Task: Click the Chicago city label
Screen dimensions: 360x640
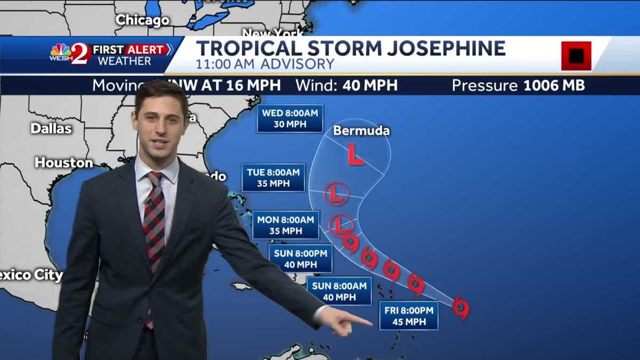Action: (142, 20)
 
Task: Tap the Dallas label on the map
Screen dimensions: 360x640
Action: (51, 129)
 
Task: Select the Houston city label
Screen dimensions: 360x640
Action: (64, 163)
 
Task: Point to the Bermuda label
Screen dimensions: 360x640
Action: (361, 131)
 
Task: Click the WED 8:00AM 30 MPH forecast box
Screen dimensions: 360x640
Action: (290, 118)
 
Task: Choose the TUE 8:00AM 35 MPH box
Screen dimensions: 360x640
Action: (273, 178)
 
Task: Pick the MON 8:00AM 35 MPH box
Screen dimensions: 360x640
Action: (285, 225)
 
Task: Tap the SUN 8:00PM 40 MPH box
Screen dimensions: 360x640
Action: (300, 259)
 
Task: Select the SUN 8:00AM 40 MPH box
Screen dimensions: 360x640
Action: (339, 291)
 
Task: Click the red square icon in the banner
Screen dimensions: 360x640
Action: (576, 55)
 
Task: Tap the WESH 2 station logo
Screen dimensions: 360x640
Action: (70, 54)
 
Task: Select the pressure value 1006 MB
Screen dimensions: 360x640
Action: (554, 85)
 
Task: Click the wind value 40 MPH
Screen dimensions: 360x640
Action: (370, 85)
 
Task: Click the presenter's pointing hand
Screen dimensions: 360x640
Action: (347, 322)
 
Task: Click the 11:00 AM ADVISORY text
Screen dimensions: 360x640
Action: (265, 65)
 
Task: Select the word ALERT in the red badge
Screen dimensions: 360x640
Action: (146, 50)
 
